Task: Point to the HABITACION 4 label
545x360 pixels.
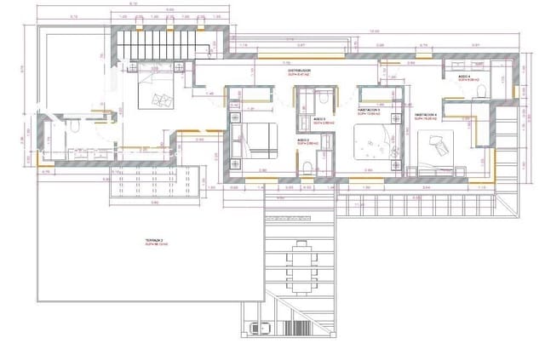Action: point(426,114)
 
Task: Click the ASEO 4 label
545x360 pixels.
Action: point(464,77)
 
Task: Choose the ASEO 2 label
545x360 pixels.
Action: point(307,141)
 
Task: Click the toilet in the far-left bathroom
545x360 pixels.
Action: point(75,128)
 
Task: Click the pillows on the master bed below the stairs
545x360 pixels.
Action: point(159,100)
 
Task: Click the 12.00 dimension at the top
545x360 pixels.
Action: point(373,32)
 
